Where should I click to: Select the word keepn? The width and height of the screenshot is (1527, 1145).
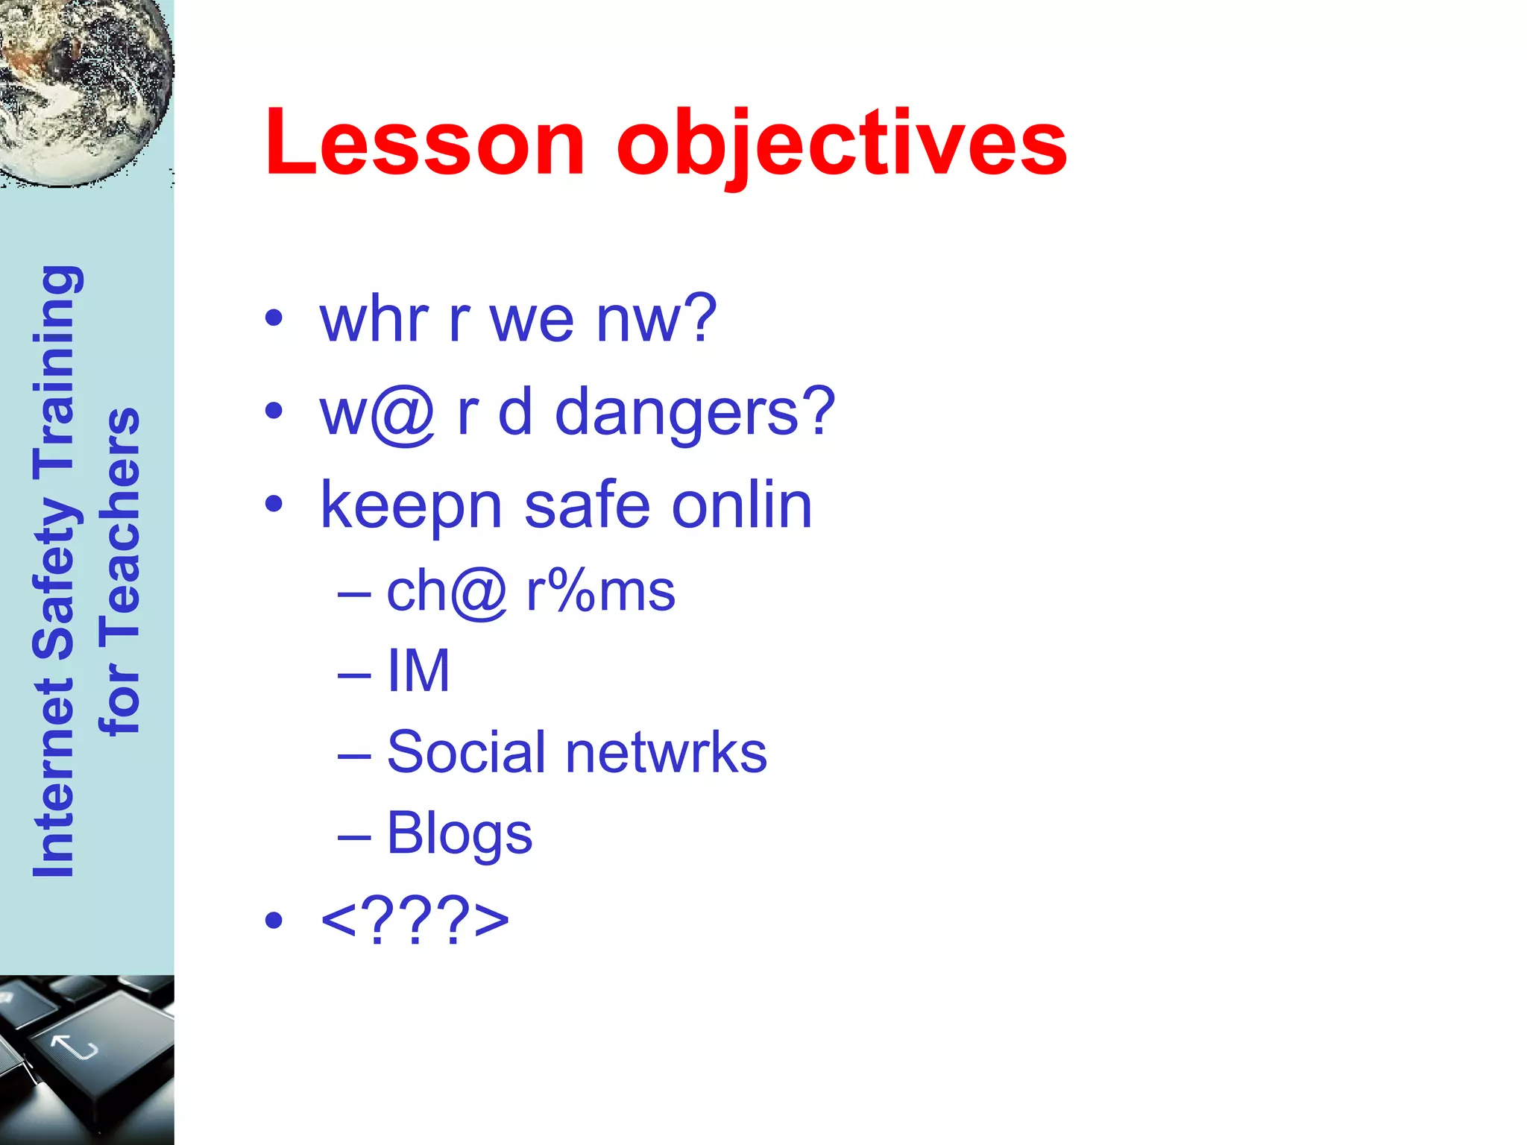coord(411,507)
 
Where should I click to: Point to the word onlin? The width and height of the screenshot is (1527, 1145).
coord(741,505)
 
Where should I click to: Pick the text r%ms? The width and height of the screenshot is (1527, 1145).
coord(600,592)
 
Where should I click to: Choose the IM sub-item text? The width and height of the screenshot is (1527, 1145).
coord(418,671)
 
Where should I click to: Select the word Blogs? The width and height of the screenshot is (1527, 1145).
coord(459,833)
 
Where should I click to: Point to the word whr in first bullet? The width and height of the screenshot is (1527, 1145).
coord(374,319)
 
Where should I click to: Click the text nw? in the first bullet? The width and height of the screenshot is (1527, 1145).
coord(656,319)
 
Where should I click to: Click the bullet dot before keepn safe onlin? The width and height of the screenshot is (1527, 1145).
coord(274,505)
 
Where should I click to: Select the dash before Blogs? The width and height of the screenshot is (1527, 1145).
coord(353,836)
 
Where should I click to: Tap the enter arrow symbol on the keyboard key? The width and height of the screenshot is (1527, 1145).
coord(75,1047)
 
